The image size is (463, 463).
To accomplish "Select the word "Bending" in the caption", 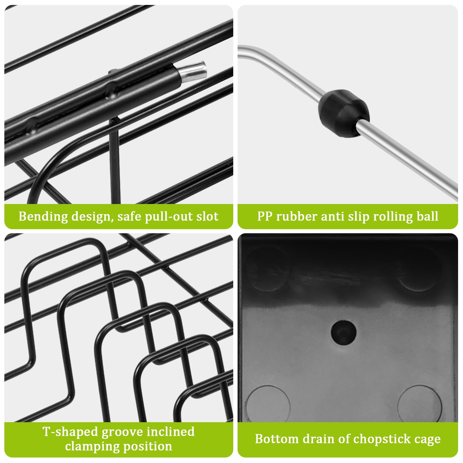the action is (43, 217).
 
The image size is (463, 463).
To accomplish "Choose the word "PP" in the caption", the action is (264, 216).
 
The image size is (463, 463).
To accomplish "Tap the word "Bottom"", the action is (277, 439).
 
